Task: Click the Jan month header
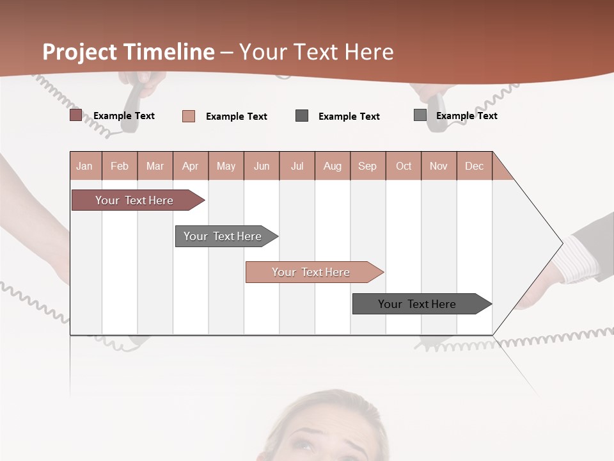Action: (84, 166)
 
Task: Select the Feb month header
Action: (120, 166)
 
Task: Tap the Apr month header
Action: (190, 166)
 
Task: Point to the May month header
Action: (226, 166)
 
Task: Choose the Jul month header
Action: (297, 166)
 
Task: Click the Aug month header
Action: (333, 166)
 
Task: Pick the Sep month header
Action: (367, 166)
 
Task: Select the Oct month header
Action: (404, 166)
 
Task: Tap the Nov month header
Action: (439, 166)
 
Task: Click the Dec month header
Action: (474, 166)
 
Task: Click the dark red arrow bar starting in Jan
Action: (134, 200)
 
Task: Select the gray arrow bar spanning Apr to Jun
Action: (223, 236)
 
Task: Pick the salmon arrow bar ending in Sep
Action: (311, 272)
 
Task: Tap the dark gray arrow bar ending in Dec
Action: (417, 304)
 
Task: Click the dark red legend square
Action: (76, 115)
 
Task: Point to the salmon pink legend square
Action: (189, 116)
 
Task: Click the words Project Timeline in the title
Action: (129, 52)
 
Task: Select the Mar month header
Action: (155, 166)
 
